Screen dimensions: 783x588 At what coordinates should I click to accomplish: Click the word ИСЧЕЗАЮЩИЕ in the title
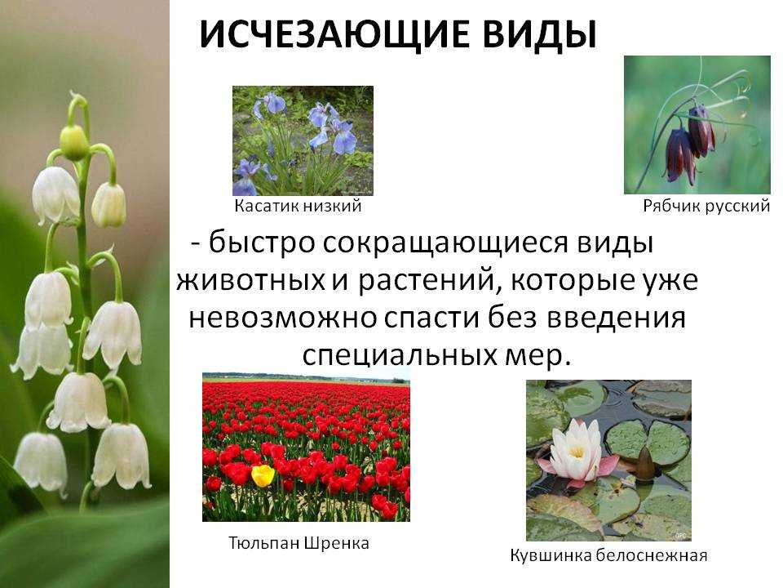pyautogui.click(x=334, y=35)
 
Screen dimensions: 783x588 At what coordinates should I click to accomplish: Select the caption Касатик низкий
pyautogui.click(x=298, y=206)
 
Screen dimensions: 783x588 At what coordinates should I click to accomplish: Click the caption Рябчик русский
pyautogui.click(x=706, y=206)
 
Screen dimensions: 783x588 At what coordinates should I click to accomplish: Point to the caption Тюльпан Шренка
pyautogui.click(x=299, y=543)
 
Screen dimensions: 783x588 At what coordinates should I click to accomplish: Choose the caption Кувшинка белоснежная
pyautogui.click(x=608, y=555)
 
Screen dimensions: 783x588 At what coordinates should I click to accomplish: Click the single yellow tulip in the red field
pyautogui.click(x=263, y=475)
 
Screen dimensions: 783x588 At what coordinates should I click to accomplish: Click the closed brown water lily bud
pyautogui.click(x=644, y=464)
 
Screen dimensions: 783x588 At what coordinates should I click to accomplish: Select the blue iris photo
pyautogui.click(x=303, y=140)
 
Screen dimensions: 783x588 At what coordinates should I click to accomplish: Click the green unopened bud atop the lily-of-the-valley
pyautogui.click(x=74, y=141)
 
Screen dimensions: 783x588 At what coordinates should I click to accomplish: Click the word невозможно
pyautogui.click(x=283, y=318)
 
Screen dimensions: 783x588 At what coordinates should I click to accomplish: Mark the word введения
pyautogui.click(x=616, y=318)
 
